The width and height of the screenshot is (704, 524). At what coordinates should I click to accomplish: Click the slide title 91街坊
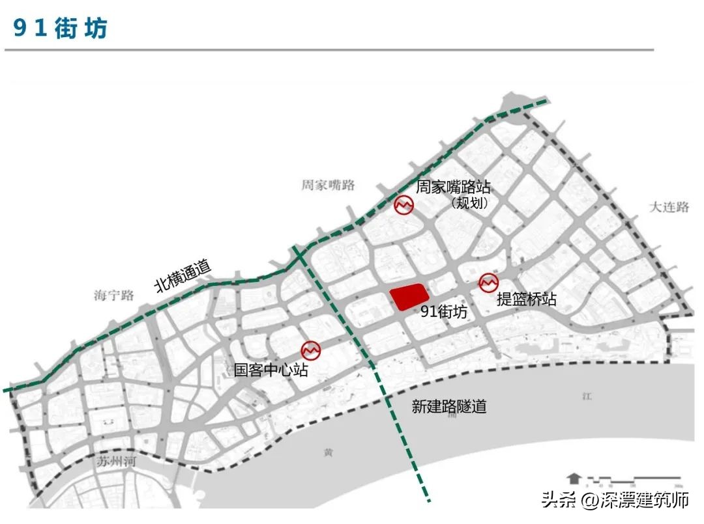point(61,28)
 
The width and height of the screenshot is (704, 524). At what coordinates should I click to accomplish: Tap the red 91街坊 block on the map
point(409,297)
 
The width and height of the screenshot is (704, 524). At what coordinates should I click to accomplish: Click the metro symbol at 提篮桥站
point(488,283)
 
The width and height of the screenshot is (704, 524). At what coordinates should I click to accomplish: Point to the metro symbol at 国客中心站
point(310,350)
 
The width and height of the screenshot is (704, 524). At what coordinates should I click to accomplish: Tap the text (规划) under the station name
point(469,203)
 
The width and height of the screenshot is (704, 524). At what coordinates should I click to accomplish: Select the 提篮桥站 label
point(526,299)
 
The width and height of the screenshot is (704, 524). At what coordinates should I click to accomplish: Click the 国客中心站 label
point(271,370)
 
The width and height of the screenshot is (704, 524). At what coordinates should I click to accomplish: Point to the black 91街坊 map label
point(444,312)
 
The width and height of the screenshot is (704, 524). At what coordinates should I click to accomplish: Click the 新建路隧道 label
point(449,407)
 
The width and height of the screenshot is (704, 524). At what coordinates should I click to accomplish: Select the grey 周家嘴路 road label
point(328,185)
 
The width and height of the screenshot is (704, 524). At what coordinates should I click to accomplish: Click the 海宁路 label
point(113,296)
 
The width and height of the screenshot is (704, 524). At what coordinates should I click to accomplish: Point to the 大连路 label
point(669,207)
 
